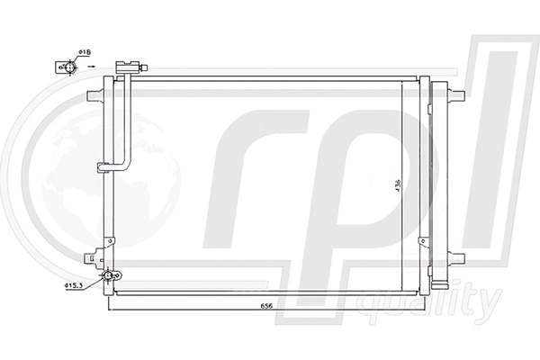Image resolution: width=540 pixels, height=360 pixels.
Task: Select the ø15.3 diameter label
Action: pos(75,286)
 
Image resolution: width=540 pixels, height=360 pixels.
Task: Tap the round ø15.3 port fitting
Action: pos(108,276)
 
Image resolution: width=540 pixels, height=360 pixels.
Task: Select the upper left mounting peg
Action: pos(94,95)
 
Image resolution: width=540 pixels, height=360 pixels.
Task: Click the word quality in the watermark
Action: pos(430,301)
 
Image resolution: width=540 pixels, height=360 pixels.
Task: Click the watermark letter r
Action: pos(252,180)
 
